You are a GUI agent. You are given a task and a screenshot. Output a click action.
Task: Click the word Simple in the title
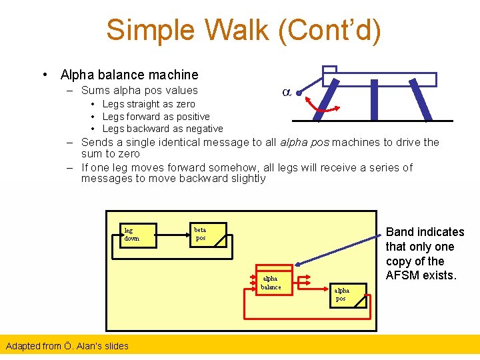(x=151, y=31)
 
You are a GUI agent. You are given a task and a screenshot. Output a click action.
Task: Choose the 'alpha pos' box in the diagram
(x=349, y=295)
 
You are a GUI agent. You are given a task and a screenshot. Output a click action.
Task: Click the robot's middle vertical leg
(x=374, y=100)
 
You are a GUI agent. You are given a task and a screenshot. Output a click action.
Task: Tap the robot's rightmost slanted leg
(x=421, y=100)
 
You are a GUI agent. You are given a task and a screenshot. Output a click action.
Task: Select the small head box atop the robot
(x=329, y=69)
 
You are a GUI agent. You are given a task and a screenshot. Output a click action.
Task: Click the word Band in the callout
(x=401, y=232)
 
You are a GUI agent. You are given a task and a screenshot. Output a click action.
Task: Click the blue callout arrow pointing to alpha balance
(x=347, y=255)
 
